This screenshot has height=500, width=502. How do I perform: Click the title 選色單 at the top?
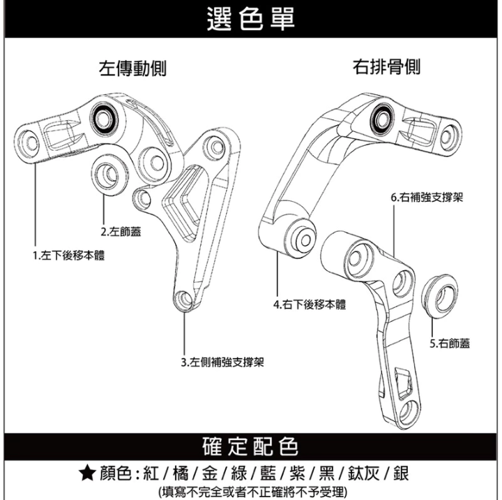[251, 19]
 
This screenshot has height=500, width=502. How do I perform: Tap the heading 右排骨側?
[387, 67]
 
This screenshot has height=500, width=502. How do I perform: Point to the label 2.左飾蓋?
[120, 232]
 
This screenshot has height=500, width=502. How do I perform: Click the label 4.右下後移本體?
[310, 304]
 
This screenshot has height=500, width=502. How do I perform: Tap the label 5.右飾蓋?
[450, 343]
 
